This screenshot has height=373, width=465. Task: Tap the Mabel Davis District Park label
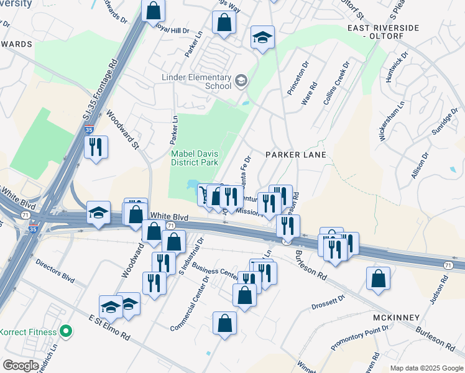[x=195, y=157]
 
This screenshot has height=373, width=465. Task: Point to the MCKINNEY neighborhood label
[x=396, y=318]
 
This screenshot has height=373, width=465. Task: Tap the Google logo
[x=21, y=366]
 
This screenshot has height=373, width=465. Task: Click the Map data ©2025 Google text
[x=426, y=368]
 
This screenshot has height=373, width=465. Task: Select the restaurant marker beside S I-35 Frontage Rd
[x=96, y=148]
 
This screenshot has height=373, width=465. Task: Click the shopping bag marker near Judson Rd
[x=378, y=279]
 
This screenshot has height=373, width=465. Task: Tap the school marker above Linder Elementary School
[x=262, y=37]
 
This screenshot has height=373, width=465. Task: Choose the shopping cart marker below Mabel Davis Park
[x=204, y=195]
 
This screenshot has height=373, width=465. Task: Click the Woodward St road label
[x=121, y=129]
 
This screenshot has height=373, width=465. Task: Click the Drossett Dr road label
[x=329, y=303]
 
